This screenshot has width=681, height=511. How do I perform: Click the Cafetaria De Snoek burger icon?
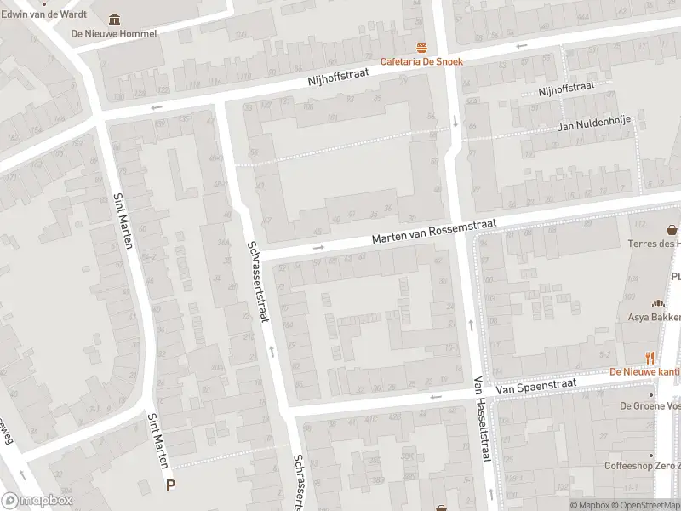(x=421, y=48)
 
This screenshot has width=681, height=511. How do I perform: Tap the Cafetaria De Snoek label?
(x=421, y=61)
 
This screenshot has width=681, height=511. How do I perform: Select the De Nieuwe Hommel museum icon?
(x=114, y=20)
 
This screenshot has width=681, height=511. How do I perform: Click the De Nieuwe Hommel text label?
(x=114, y=34)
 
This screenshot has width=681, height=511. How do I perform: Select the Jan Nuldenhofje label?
(x=594, y=123)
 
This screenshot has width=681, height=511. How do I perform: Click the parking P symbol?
(x=170, y=485)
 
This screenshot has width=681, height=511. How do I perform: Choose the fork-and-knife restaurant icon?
(x=650, y=359)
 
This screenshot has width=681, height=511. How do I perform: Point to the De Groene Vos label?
(x=650, y=405)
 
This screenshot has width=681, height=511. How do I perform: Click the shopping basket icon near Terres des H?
(x=672, y=230)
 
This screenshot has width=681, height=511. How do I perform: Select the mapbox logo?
(x=37, y=500)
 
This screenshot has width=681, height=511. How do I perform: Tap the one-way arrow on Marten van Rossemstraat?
(x=319, y=248)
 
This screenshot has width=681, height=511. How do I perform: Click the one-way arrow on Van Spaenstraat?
(x=436, y=397)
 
